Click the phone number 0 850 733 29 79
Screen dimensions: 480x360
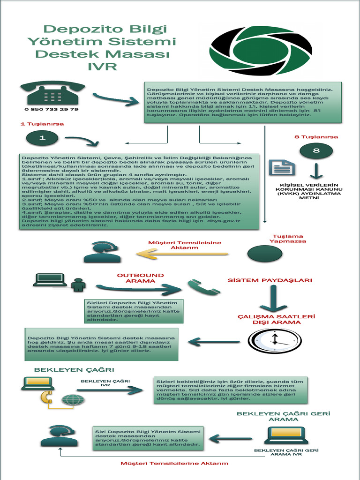coord(52,109)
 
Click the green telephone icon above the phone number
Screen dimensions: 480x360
coord(52,92)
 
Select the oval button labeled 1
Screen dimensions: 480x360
coord(42,138)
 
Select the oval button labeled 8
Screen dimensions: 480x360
coord(316,150)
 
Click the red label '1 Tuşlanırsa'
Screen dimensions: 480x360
coord(42,124)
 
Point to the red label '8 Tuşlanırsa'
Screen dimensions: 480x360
coord(316,137)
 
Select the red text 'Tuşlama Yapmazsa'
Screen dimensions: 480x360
coord(288,239)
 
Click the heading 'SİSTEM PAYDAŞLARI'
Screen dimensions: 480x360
coord(270,280)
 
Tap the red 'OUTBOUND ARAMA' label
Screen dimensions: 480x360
coord(141,278)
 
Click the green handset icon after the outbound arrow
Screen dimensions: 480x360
coord(202,287)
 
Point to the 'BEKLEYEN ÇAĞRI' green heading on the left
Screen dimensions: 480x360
coord(74,370)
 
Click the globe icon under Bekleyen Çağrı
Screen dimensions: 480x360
coord(71,400)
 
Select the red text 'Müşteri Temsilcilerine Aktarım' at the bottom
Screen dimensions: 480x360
coord(174,463)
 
